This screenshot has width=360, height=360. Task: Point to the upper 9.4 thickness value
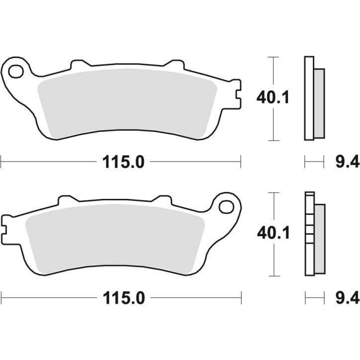(341, 162)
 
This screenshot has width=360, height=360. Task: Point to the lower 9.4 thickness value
(341, 298)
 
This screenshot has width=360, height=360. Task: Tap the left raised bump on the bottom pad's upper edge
(66, 200)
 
